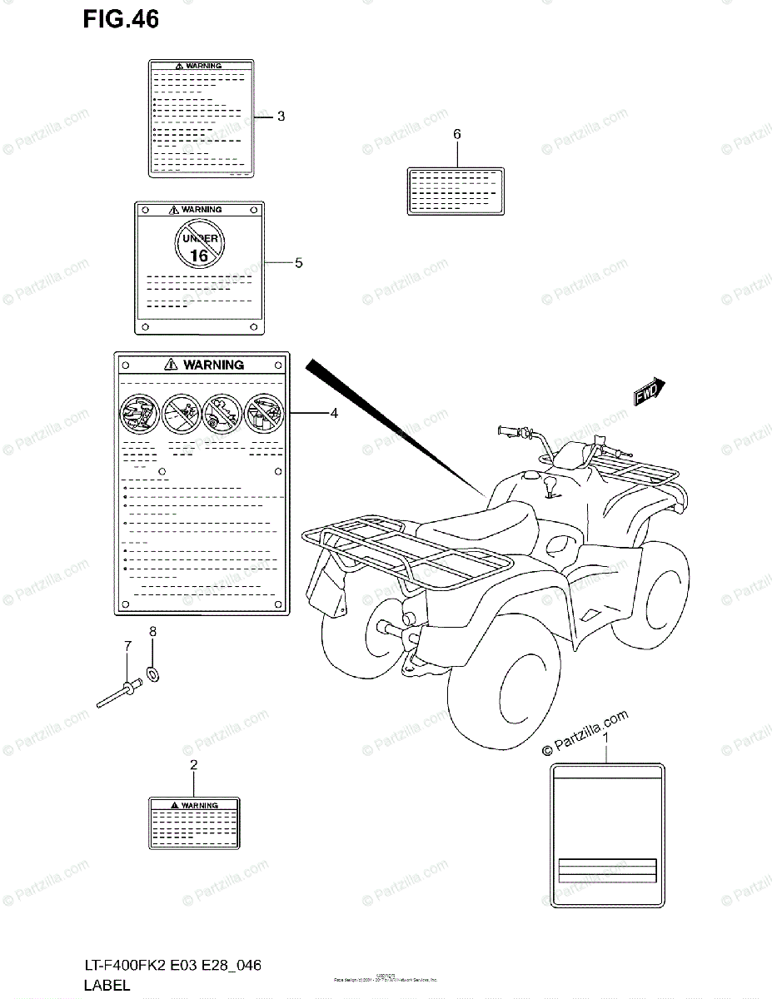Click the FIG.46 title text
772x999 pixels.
(120, 20)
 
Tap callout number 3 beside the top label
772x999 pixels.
(281, 117)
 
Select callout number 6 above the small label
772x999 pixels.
(456, 134)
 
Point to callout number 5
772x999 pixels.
(298, 263)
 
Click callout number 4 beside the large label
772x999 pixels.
(334, 413)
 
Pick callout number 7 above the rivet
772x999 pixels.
(127, 646)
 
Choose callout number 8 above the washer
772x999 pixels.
(152, 632)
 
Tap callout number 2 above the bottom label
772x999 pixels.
(193, 764)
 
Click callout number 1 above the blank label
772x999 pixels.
(606, 738)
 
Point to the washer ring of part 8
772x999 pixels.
(153, 671)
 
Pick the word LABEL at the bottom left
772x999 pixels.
(106, 986)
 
